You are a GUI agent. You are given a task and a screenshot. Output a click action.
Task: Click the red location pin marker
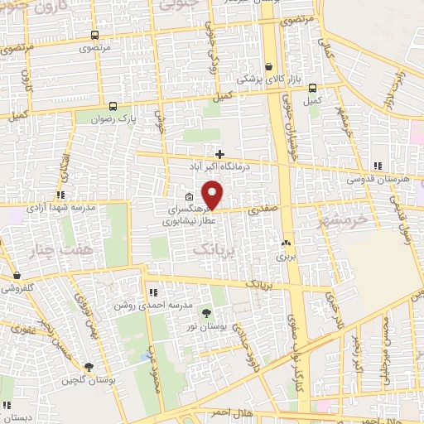click(213, 195)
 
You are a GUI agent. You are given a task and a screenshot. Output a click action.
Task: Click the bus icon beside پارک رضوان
click(113, 106)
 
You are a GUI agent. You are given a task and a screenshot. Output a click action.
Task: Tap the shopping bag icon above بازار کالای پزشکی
click(268, 67)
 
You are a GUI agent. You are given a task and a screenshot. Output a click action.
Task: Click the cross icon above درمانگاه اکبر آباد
click(219, 153)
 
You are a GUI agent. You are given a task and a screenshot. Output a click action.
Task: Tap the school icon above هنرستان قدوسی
click(378, 166)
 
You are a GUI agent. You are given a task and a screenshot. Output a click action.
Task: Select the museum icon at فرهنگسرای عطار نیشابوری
click(190, 197)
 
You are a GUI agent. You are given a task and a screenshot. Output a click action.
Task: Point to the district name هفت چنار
click(58, 249)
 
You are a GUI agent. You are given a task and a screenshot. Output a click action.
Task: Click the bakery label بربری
click(287, 257)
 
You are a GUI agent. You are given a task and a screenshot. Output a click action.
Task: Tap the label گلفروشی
click(17, 289)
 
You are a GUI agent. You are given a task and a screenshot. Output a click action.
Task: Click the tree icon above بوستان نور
click(206, 312)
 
